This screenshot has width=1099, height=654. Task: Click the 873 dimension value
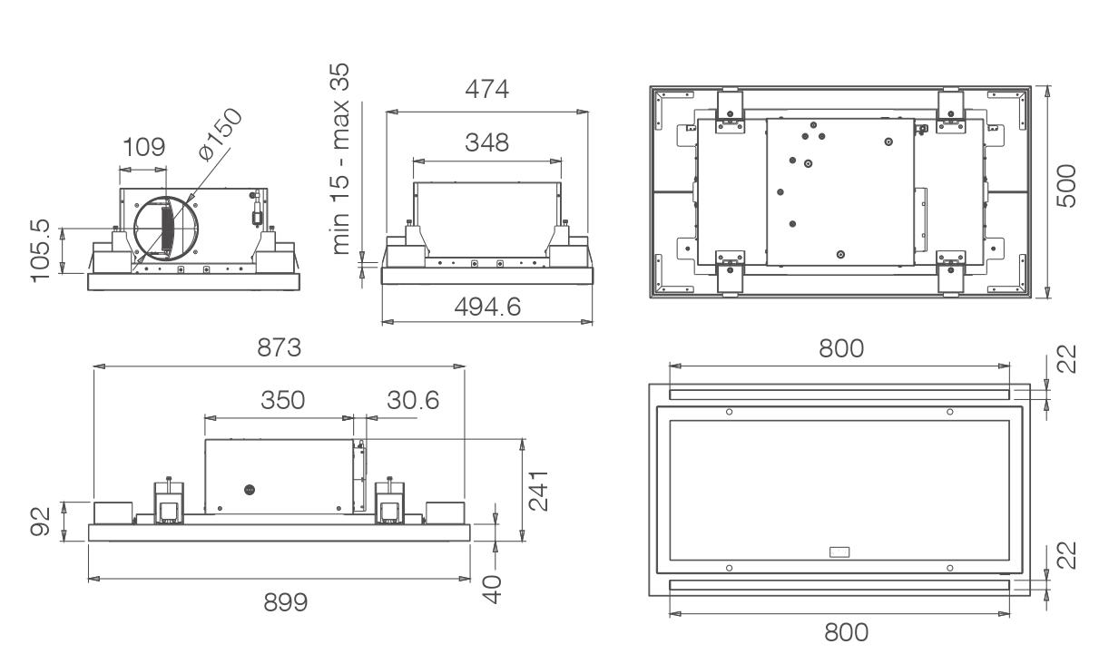coord(279,347)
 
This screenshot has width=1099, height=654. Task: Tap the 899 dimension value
coord(286,602)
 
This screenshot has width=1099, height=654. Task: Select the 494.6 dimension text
coord(487,307)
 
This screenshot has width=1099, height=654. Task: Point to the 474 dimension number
coord(486,89)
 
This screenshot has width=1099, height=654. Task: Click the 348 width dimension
coord(486,142)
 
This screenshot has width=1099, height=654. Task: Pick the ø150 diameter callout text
coord(221,134)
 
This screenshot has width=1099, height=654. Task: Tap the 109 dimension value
coord(143,147)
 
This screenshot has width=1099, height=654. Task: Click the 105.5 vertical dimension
coord(40,250)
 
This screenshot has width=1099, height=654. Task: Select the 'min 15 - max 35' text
coord(340,159)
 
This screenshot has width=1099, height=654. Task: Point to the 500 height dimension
coord(1065,186)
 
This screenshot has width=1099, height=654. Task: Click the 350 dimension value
coord(282,400)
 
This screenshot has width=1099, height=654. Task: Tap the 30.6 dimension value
coord(413,400)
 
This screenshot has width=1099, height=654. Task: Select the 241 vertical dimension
coord(538,491)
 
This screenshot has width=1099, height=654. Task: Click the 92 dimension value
coord(40,522)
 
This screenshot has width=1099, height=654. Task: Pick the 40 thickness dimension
coord(492,590)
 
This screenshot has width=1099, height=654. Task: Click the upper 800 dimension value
coord(841,348)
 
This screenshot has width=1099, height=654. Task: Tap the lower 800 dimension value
coord(847,632)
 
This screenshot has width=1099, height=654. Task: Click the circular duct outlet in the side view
coord(134,228)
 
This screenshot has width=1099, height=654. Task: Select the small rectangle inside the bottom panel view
coord(839,552)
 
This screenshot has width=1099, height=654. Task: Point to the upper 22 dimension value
coord(1065,359)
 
